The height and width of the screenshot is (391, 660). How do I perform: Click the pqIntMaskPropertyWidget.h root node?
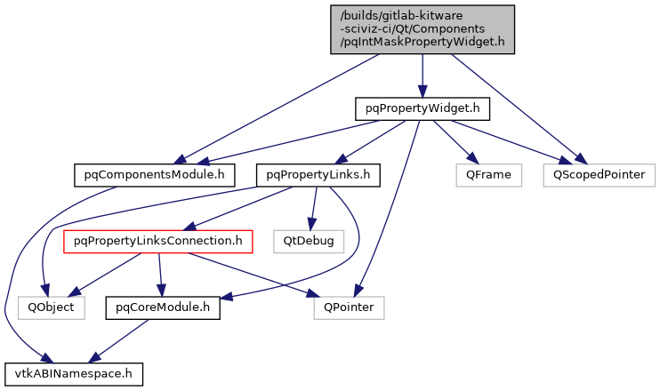[x=423, y=28]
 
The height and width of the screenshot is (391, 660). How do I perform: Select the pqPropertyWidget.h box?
[x=423, y=108]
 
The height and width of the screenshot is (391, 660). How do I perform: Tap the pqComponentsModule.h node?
[x=148, y=174]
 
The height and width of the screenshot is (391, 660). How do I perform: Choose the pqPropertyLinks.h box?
[x=318, y=174]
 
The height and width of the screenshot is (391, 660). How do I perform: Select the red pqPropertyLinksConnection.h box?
[x=158, y=240]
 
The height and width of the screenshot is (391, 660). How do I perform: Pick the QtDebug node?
[x=308, y=240]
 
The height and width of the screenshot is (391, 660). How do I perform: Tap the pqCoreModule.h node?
[x=163, y=307]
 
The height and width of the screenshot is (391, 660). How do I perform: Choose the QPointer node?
[x=348, y=307]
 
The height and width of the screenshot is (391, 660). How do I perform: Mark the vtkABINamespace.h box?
[x=73, y=372]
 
